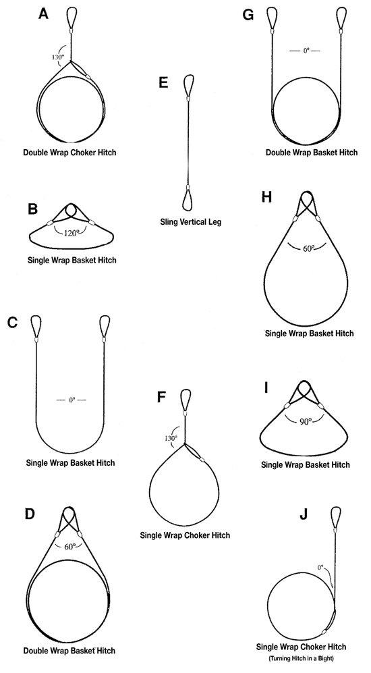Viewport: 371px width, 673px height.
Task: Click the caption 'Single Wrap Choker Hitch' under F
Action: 184,535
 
